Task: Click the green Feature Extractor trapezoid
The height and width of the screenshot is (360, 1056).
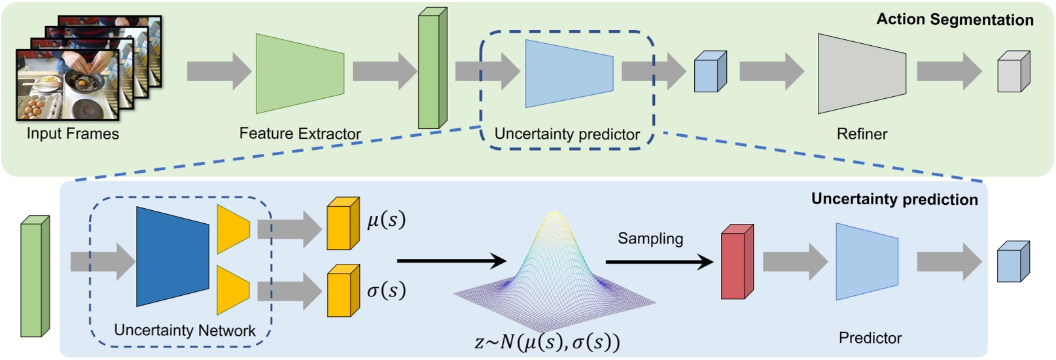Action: (x=299, y=73)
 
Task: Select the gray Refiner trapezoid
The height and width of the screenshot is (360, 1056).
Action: (x=861, y=74)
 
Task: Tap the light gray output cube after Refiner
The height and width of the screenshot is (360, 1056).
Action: (x=1012, y=73)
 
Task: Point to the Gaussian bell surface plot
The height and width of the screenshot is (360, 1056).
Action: (x=554, y=268)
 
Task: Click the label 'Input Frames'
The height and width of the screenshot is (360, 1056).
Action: (x=73, y=134)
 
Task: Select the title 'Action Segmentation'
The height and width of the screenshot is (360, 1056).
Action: (x=954, y=20)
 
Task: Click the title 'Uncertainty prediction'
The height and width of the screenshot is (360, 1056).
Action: (x=894, y=200)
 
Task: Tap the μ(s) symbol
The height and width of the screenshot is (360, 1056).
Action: (x=386, y=220)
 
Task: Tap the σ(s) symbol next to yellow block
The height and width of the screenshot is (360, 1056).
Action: (x=386, y=290)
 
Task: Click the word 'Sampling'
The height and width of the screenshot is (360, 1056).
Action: (x=650, y=239)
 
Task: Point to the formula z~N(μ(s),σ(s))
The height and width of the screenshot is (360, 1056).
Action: (x=547, y=342)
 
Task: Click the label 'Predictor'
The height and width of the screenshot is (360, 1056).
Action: (x=870, y=338)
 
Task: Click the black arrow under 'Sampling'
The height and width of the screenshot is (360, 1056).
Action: (x=658, y=262)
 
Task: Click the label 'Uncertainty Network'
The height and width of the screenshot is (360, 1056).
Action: (x=185, y=331)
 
